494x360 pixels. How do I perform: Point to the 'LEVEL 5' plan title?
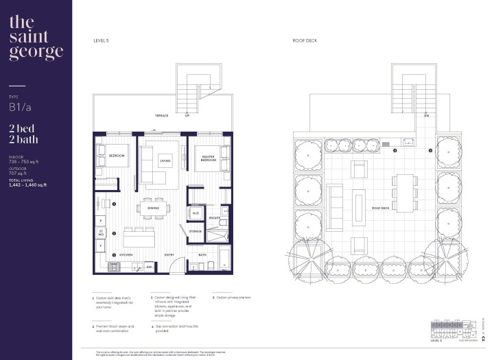[x=101, y=41]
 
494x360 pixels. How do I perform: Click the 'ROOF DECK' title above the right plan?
[x=304, y=41]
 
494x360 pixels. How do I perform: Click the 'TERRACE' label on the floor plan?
[x=161, y=116]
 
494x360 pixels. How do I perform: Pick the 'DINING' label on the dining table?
[x=153, y=208]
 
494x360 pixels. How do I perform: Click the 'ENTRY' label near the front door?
[x=169, y=254]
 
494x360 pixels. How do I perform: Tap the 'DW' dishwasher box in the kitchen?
[x=150, y=267]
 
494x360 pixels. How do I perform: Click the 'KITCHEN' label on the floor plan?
[x=126, y=254]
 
